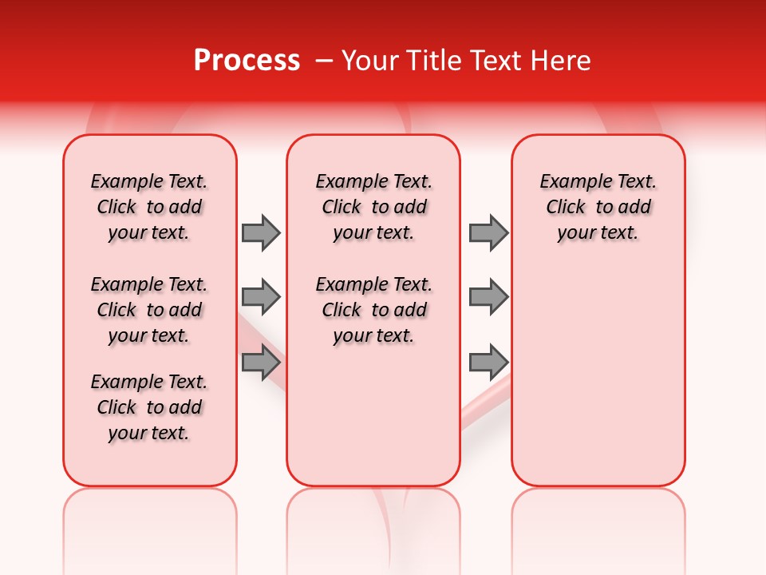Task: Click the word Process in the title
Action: point(247,61)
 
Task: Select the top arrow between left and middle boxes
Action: point(261,232)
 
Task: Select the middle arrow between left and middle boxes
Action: point(261,297)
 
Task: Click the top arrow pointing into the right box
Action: point(488,232)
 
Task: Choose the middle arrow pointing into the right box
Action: point(488,297)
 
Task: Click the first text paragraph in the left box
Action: point(149,207)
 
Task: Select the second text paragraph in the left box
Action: point(149,310)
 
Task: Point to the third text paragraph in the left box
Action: point(149,407)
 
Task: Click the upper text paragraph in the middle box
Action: point(373,207)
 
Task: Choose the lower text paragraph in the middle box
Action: point(373,310)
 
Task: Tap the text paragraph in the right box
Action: point(598,207)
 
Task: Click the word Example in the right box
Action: point(570,182)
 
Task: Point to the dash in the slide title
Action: point(323,61)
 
